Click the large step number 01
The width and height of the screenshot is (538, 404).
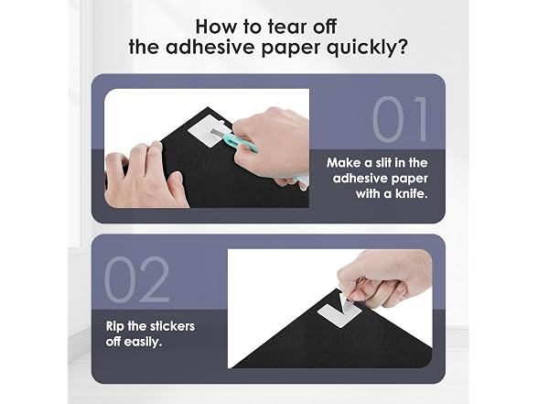click(400, 119)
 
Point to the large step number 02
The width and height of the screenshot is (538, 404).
click(137, 279)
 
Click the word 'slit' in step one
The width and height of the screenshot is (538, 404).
click(383, 162)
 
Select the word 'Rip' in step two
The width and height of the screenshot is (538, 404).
click(114, 327)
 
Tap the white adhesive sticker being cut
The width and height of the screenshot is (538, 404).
click(206, 131)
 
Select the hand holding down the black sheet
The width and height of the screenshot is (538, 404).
click(145, 175)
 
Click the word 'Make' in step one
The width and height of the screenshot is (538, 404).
click(343, 162)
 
